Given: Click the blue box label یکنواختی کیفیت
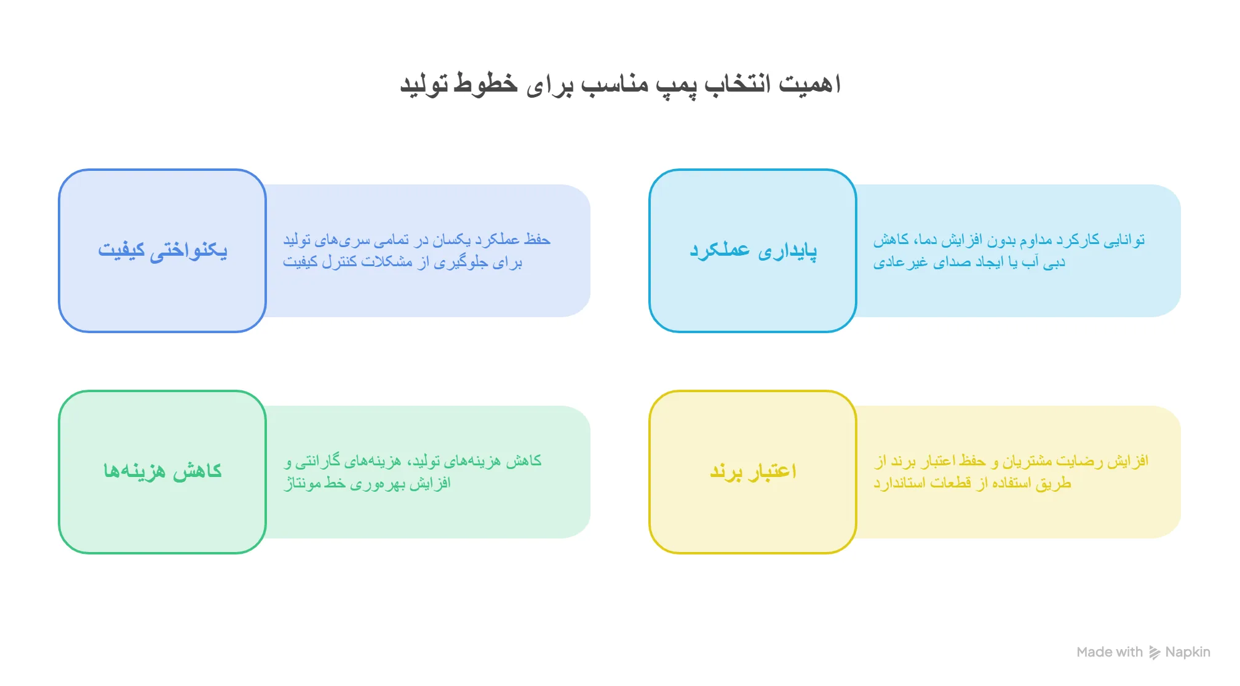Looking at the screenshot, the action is pos(162,250).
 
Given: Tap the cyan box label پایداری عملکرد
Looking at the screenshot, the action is pos(753,250).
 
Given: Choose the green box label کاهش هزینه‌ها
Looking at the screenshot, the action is pos(162,471).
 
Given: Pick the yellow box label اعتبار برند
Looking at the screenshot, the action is pos(753,471).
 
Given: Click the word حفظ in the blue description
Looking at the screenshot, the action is pos(537,239).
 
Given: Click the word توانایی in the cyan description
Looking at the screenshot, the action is pos(1123,240).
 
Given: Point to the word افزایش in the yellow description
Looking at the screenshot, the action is pos(1128,460).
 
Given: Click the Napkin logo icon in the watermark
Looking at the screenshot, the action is pos(1155,653).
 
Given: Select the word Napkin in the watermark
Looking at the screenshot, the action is pos(1188,652).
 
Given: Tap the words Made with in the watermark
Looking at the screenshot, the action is pos(1110,652).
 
